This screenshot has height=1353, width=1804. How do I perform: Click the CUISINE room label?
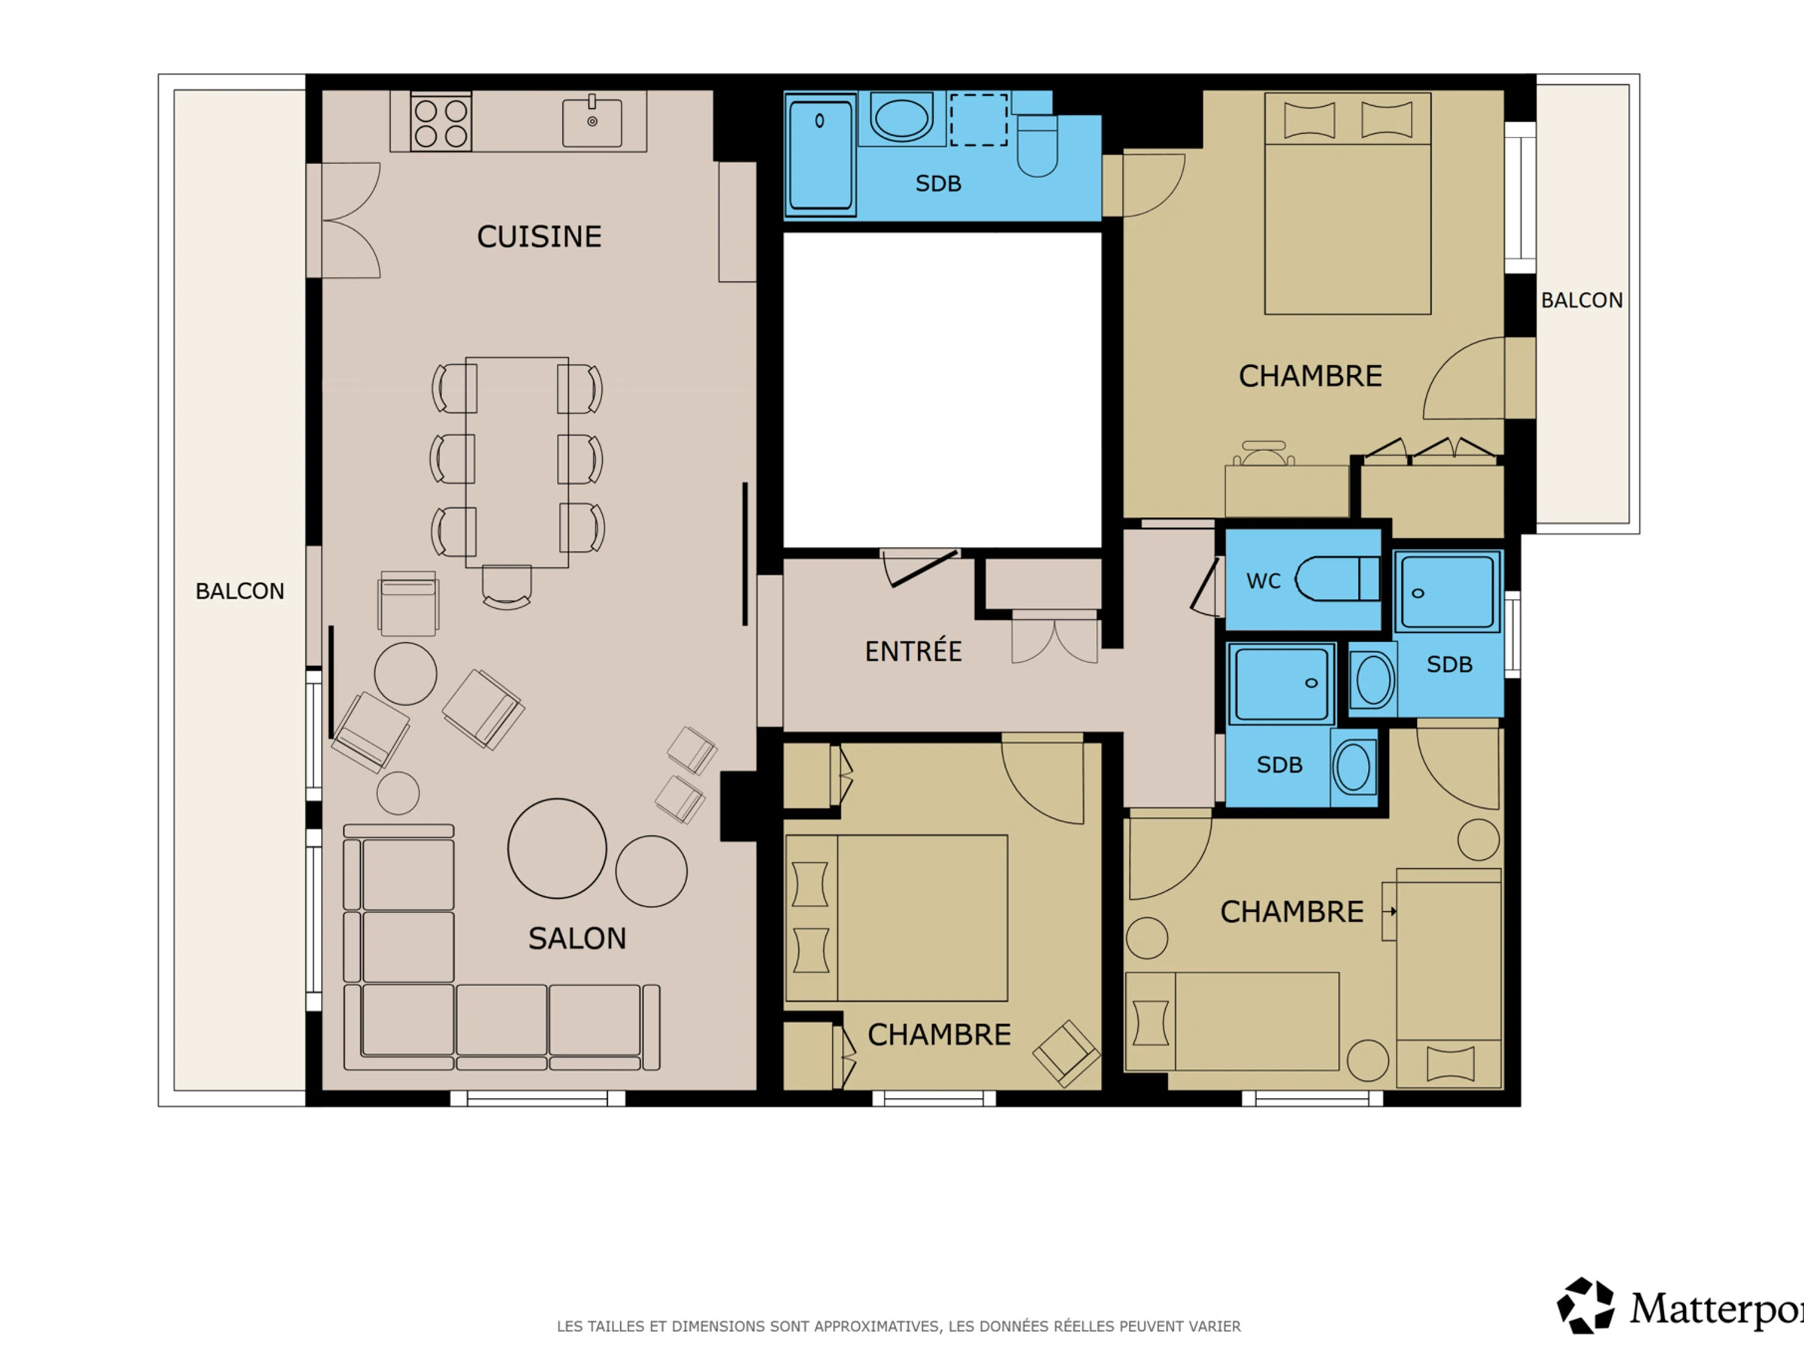point(539,237)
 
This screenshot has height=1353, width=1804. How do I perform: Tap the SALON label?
point(577,939)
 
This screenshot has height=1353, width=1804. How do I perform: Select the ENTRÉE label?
point(913,650)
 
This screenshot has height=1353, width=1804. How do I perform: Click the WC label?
point(1264,582)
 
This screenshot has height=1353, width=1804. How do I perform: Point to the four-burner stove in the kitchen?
point(440,123)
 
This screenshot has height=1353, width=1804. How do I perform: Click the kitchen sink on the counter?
point(592,122)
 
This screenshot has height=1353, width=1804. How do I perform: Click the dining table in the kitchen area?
point(517,462)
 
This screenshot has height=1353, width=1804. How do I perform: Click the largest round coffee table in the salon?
point(557,848)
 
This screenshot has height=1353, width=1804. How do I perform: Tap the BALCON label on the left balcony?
point(240,592)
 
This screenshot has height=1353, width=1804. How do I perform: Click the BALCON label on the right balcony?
point(1582,300)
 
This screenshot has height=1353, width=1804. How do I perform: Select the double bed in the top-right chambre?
point(1347,203)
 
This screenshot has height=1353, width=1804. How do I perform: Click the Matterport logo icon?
point(1585,1306)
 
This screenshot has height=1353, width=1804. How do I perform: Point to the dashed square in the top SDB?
point(979,120)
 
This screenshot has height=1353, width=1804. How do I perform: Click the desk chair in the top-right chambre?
point(1264,453)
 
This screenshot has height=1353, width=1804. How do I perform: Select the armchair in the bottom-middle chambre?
point(1066,1054)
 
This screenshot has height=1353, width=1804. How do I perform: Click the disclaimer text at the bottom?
point(899,1327)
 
